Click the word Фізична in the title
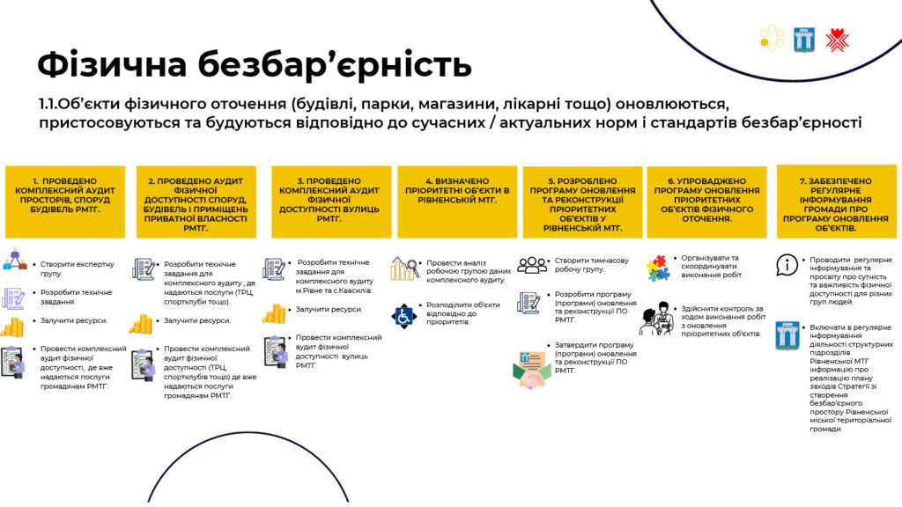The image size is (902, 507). coord(112,64)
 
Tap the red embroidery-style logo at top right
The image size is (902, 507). coord(837,40)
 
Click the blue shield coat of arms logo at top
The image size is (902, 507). coord(803,40)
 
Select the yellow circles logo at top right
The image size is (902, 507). coord(772,38)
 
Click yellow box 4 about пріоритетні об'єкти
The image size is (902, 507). coord(457,202)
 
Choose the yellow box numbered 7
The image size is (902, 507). coord(837,202)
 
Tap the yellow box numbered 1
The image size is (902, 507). coord(65,202)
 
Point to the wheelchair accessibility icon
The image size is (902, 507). coord(403,316)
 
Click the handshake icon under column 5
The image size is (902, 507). coord(531,370)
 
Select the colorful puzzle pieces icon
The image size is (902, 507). coord(657,268)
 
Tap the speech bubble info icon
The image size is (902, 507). coord(787,265)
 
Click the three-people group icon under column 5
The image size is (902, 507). coord(532,264)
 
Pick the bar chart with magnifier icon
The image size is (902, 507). coord(404,268)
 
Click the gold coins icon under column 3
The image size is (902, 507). coord(274,314)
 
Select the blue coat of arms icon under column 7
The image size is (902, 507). coord(787,335)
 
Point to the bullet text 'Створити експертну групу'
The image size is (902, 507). coord(78,269)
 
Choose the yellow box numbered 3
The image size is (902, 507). coord(331,202)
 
